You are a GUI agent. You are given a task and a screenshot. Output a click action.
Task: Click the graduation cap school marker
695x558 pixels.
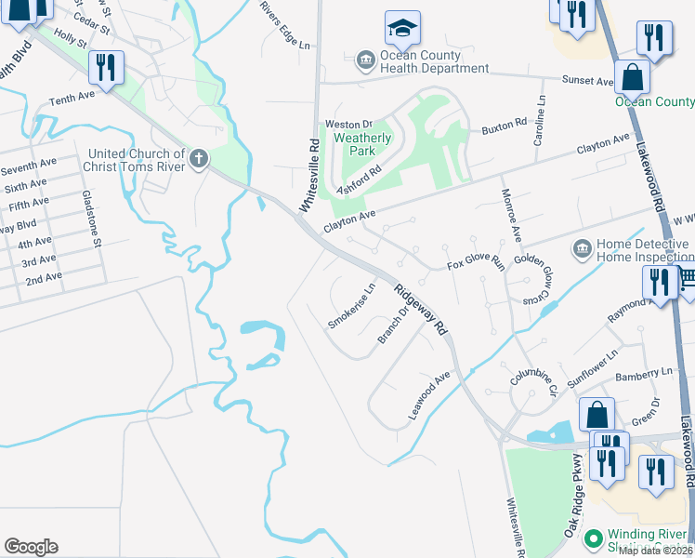point(402,30)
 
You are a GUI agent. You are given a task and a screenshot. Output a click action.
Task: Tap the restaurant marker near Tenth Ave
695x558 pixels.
point(104,68)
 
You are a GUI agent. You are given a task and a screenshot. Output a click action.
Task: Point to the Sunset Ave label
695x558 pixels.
point(586,82)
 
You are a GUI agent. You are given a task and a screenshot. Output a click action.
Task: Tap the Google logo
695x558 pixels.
point(31,547)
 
